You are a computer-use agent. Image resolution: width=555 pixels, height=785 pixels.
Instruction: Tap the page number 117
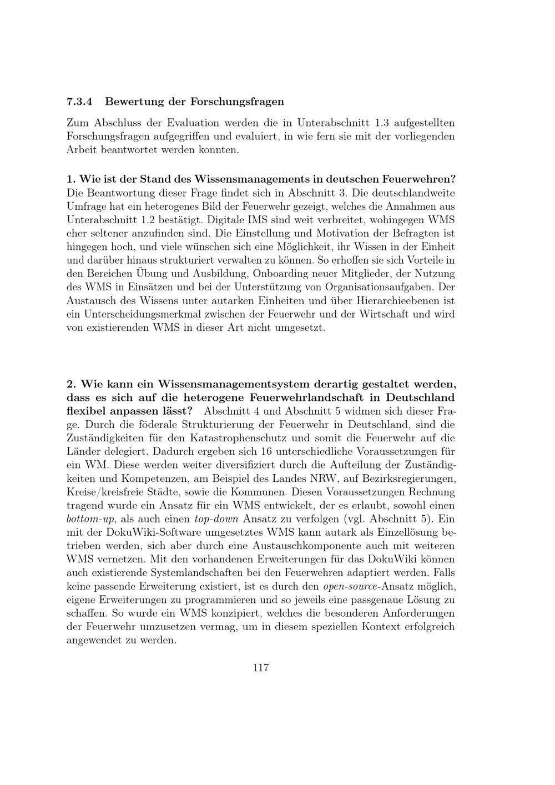pos(261,668)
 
